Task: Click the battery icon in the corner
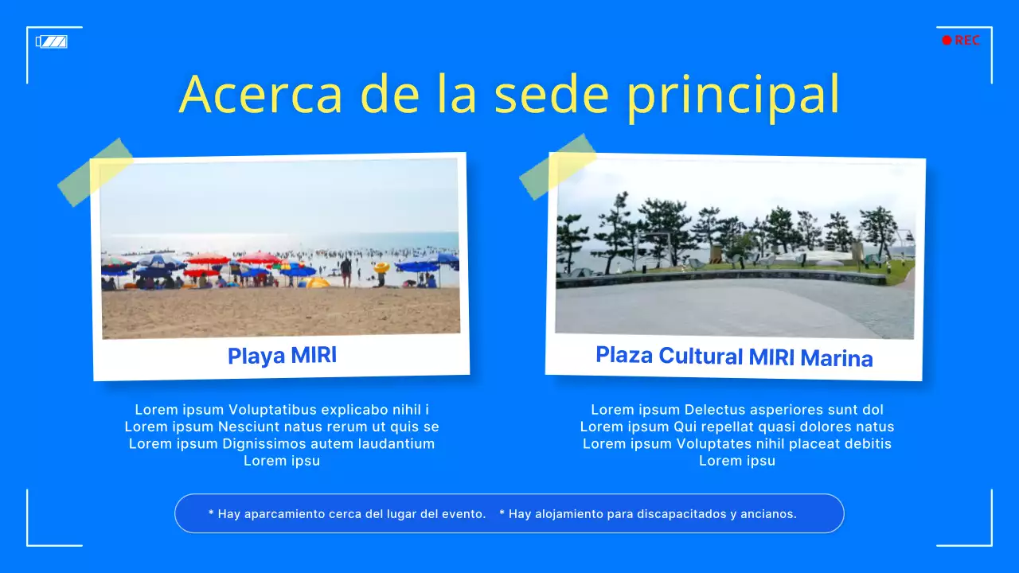tap(52, 41)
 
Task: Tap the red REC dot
tap(947, 41)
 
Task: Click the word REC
tap(967, 41)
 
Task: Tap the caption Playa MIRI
tap(282, 356)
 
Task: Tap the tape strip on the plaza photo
tap(557, 166)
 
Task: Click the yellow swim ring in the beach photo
tap(382, 268)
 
